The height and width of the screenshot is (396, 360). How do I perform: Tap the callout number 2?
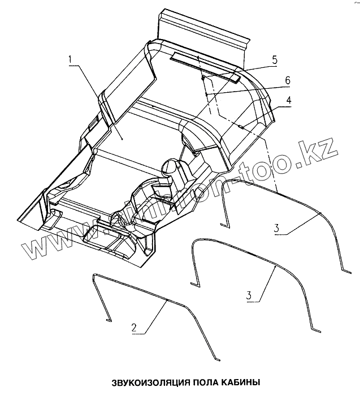pyautogui.click(x=133, y=326)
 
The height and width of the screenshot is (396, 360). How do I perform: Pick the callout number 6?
pyautogui.click(x=287, y=80)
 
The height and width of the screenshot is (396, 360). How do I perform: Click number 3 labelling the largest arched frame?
pyautogui.click(x=276, y=227)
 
